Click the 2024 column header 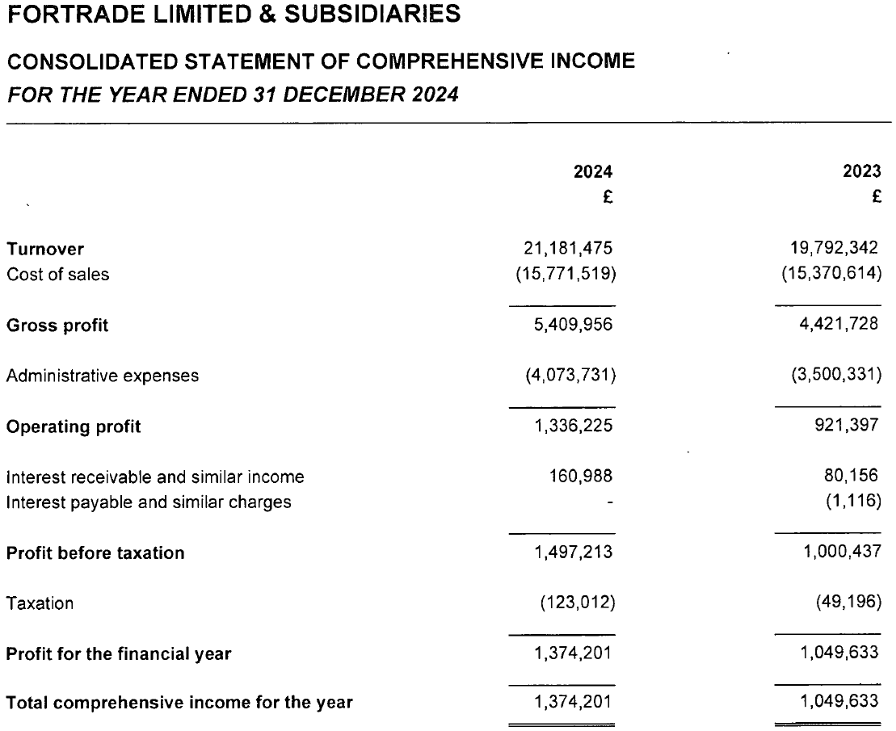point(592,171)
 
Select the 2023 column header point(861,171)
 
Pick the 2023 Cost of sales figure point(831,274)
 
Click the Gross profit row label point(57,326)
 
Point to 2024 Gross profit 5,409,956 point(573,326)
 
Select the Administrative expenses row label point(103,376)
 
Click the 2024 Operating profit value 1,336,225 point(573,426)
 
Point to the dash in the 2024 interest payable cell point(610,502)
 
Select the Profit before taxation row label point(95,553)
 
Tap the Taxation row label point(40,603)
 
